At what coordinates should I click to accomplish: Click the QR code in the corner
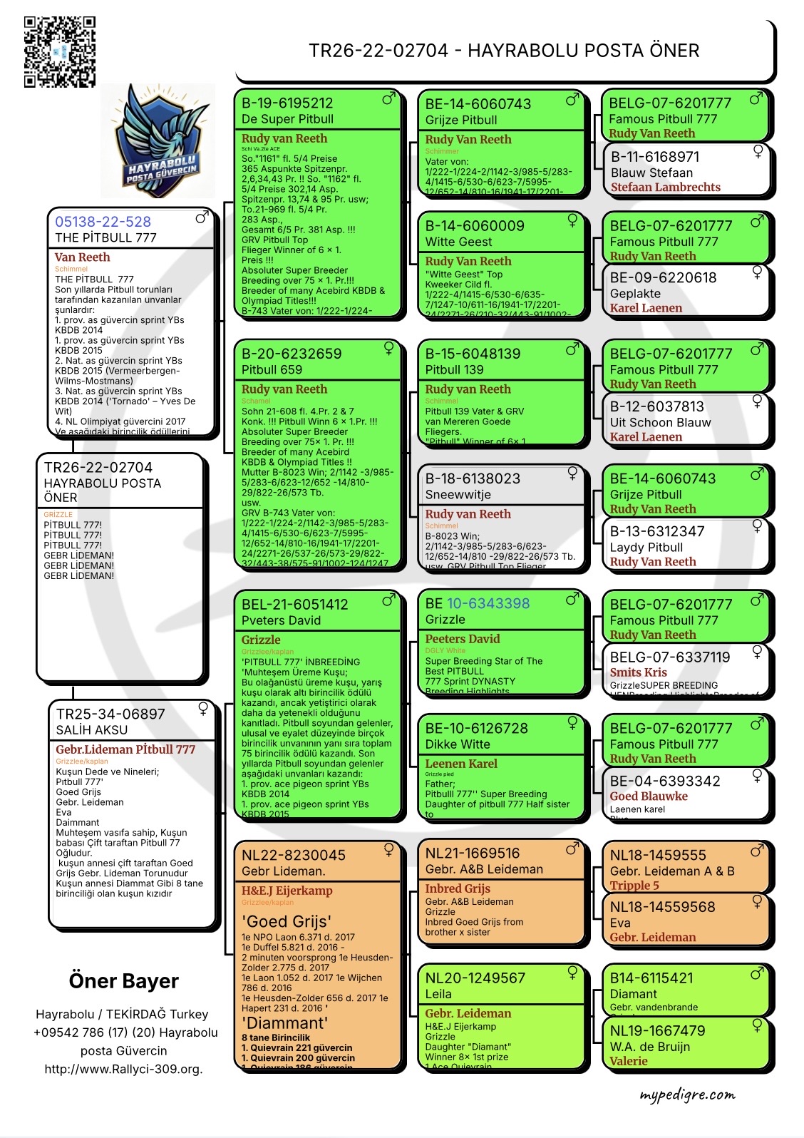(x=60, y=52)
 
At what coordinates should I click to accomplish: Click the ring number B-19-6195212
(x=287, y=103)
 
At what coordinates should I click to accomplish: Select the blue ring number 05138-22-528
(x=103, y=222)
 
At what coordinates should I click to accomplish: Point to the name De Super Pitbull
(x=287, y=119)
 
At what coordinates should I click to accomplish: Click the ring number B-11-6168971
(x=655, y=157)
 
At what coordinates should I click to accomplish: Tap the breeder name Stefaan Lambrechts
(x=665, y=188)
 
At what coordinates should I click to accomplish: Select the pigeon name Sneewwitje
(x=458, y=495)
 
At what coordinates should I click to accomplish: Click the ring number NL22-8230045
(x=294, y=855)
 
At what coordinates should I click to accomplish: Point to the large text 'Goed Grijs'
(x=287, y=921)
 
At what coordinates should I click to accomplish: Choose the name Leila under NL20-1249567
(x=438, y=994)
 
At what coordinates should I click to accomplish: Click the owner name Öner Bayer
(x=123, y=981)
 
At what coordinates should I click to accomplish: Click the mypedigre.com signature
(x=687, y=1095)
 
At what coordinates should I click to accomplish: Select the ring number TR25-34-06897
(x=110, y=714)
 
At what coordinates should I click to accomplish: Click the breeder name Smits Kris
(x=638, y=672)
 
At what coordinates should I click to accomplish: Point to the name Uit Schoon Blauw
(x=660, y=422)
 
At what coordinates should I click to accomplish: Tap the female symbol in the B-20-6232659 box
(x=389, y=348)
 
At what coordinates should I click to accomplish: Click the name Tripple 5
(x=634, y=886)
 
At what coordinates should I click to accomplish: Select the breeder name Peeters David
(x=463, y=639)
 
